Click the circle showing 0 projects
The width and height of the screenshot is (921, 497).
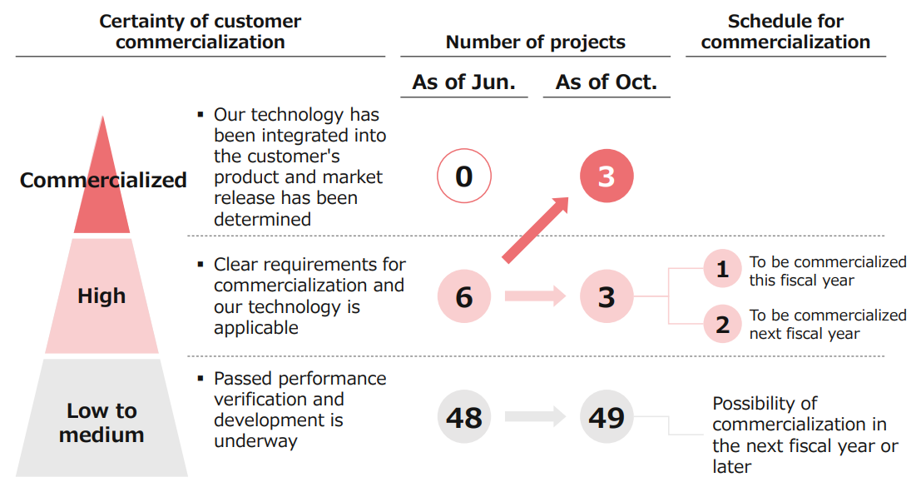[x=464, y=176]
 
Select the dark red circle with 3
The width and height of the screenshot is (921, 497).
[x=607, y=176]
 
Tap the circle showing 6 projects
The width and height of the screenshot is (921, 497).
[x=464, y=296]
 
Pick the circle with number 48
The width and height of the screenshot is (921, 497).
[x=464, y=416]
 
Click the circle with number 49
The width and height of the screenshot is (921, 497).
[x=607, y=416]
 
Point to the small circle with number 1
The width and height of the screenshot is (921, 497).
[x=722, y=268]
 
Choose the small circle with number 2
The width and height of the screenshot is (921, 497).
[x=722, y=324]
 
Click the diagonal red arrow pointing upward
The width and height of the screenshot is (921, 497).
[x=536, y=230]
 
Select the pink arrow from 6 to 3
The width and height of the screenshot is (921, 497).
[x=535, y=296]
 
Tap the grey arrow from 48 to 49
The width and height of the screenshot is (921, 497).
[x=535, y=416]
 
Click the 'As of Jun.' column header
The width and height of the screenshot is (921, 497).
[x=464, y=82]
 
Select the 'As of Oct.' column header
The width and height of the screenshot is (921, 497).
[x=607, y=82]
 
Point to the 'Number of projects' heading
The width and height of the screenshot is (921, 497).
[x=536, y=42]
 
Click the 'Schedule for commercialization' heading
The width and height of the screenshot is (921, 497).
[x=786, y=32]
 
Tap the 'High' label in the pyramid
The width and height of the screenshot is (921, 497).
[x=102, y=296]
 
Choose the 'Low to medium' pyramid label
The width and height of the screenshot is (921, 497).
[x=102, y=422]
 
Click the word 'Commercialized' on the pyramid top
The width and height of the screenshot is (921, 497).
[x=103, y=180]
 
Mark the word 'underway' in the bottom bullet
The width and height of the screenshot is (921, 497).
[x=255, y=440]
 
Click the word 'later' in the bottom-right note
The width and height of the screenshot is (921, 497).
[x=732, y=466]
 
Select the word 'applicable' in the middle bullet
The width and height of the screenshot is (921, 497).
[x=256, y=327]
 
